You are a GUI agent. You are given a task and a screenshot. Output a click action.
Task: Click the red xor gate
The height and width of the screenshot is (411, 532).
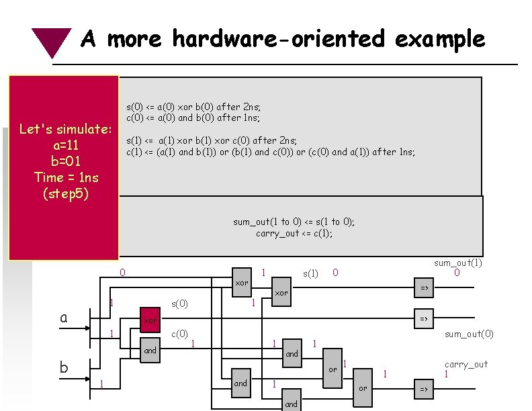pos(150,321)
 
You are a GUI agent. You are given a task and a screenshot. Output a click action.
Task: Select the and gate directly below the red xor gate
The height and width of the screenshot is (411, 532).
pos(150,350)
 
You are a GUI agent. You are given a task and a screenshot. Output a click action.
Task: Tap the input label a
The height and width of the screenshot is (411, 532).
pos(64,318)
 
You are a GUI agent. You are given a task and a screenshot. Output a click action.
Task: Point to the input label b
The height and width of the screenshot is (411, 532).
pos(64,367)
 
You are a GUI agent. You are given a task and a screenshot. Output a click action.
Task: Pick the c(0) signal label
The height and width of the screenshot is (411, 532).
pos(180,334)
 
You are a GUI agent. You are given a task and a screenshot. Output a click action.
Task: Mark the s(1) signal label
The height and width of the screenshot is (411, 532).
pos(311,273)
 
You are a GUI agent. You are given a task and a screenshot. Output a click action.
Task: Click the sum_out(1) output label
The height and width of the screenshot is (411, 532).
pos(458,263)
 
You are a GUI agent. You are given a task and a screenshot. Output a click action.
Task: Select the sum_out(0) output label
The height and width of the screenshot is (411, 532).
pos(469,334)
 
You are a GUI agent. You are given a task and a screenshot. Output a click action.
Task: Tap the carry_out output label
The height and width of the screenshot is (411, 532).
pos(465,364)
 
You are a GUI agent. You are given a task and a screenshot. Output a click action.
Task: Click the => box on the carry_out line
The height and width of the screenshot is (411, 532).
pos(424,390)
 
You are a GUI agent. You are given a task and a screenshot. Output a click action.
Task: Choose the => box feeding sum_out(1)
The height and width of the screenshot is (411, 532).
pos(424,287)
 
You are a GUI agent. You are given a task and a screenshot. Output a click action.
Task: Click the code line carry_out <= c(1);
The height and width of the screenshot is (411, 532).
pos(294,234)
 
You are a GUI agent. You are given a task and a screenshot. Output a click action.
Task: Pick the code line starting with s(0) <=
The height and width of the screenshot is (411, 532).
pos(193,107)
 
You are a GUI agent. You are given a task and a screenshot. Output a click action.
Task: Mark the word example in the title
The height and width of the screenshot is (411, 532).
pos(440,39)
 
